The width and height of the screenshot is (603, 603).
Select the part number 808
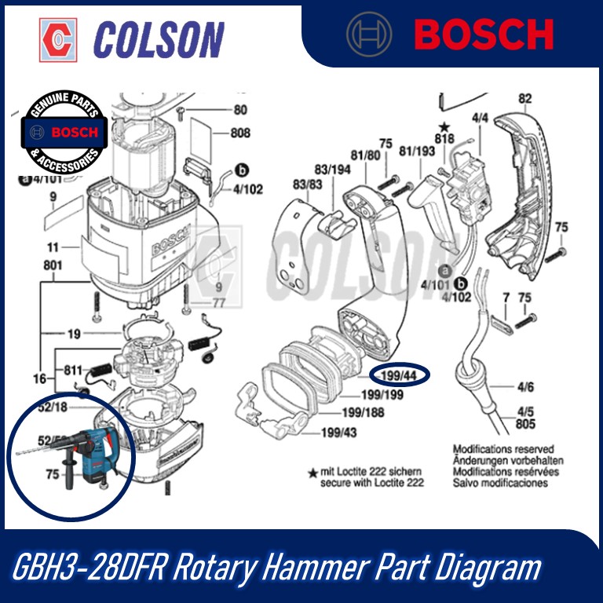tap(239, 133)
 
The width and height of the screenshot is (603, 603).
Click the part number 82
tap(525, 99)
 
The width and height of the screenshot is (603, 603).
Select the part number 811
tap(73, 368)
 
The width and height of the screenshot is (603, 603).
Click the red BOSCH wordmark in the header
tap(484, 35)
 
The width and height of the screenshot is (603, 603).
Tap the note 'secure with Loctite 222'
tap(371, 483)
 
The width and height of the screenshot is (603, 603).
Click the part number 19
tap(73, 334)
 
